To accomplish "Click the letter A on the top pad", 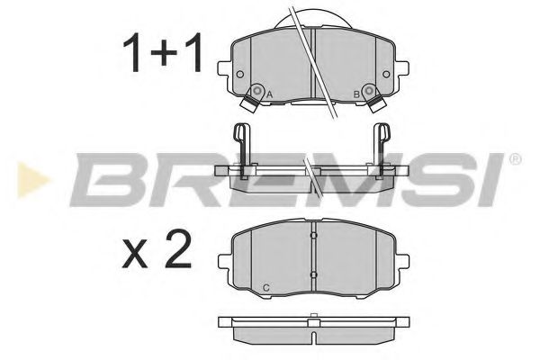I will (x=271, y=94).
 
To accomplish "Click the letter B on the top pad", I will (x=356, y=94).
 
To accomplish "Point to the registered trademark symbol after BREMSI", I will (x=515, y=159).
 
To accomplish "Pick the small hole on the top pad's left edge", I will (x=239, y=75).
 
